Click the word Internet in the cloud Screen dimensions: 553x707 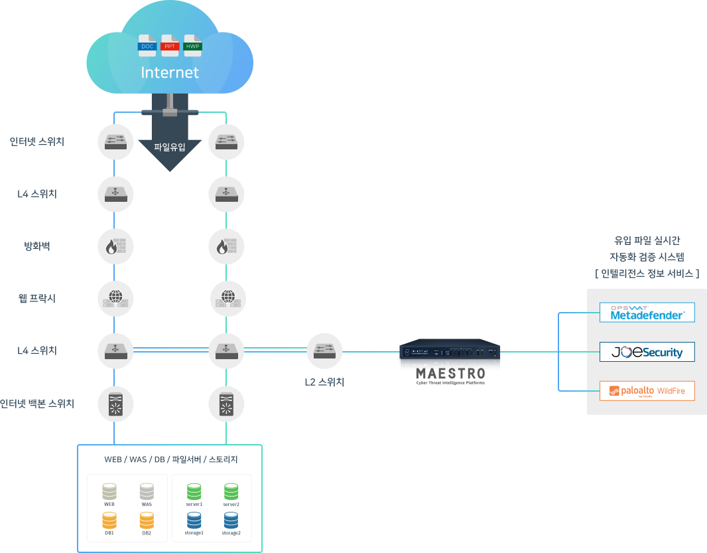click(170, 72)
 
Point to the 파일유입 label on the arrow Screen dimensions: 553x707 click(170, 147)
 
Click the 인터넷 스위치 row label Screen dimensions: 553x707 click(37, 141)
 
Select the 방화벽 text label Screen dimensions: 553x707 click(37, 246)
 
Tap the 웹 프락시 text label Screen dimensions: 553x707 click(37, 299)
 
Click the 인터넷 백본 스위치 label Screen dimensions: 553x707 click(37, 403)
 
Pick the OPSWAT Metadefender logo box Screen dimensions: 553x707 click(647, 313)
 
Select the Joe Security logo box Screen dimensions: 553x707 click(647, 352)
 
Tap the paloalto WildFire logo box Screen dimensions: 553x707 click(647, 391)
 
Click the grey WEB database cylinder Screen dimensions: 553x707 click(109, 492)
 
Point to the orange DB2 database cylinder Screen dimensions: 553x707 click(147, 520)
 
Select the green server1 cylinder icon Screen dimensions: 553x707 click(194, 492)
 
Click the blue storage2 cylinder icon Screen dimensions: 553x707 click(231, 520)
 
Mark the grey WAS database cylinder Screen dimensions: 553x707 click(147, 492)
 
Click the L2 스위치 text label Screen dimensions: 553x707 click(324, 382)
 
